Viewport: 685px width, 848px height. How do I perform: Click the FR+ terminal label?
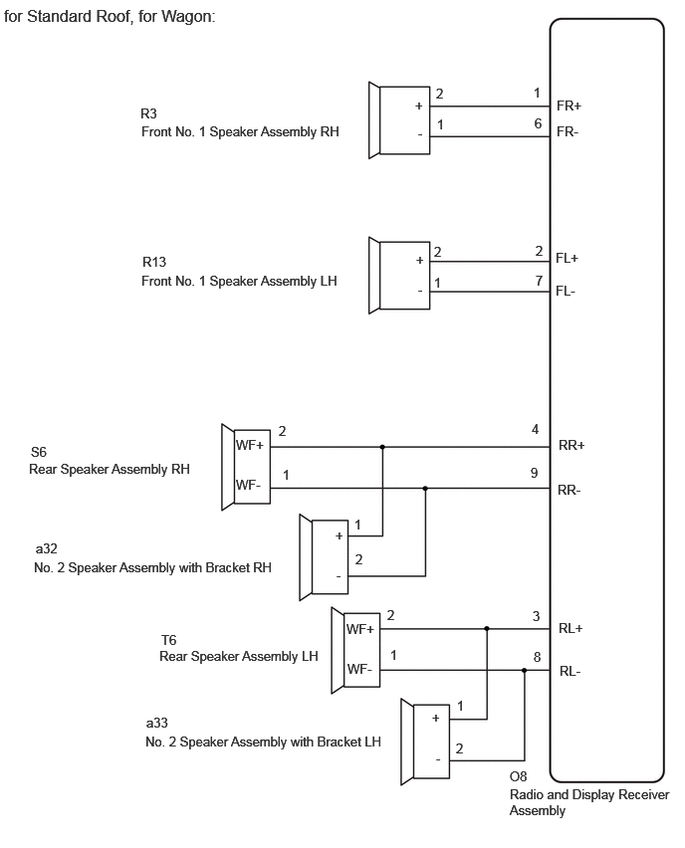569,106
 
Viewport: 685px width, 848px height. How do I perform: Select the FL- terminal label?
566,292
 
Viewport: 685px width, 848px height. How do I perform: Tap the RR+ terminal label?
571,446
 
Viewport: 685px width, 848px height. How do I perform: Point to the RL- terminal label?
570,672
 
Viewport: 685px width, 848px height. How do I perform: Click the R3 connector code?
148,113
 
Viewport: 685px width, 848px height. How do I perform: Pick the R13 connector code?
154,263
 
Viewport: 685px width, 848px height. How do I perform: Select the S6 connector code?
39,452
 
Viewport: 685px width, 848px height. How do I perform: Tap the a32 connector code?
46,549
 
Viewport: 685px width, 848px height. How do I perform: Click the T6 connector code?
169,640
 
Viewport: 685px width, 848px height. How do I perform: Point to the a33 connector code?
157,723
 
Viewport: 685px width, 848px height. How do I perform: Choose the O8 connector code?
519,777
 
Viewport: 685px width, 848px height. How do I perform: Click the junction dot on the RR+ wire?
382,447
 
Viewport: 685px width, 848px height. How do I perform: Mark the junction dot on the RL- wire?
524,671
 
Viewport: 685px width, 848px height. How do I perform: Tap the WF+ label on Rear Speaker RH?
250,445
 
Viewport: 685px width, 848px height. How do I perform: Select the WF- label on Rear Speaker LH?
359,670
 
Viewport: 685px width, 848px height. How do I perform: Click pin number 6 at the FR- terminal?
538,123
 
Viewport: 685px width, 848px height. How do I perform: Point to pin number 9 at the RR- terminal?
534,473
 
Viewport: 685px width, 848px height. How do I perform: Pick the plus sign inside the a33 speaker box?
435,719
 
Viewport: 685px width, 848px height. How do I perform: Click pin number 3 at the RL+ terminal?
537,616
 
